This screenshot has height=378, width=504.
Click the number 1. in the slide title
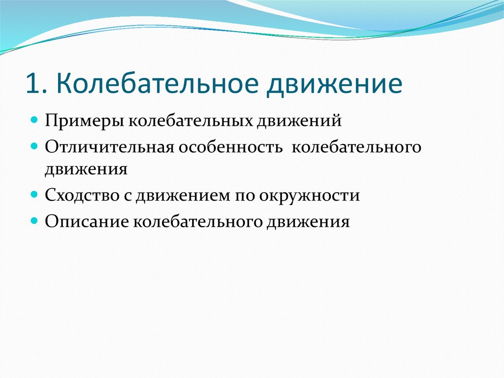tap(36, 84)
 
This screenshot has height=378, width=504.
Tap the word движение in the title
tap(334, 85)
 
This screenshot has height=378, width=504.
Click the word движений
tap(299, 121)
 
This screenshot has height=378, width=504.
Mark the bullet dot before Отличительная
tap(34, 146)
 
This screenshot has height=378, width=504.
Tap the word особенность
tap(230, 147)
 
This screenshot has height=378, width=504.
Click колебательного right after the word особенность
tap(356, 147)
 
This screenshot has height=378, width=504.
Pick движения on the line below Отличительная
tap(86, 169)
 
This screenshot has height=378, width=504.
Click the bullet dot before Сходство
tap(34, 195)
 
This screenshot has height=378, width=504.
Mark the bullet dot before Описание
tap(34, 221)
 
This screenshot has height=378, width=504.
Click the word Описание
tap(87, 222)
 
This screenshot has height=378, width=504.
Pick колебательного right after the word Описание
tap(198, 222)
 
